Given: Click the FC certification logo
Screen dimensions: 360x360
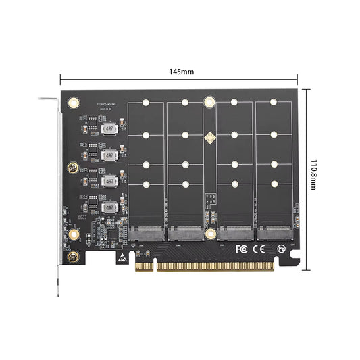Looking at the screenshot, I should (x=241, y=249).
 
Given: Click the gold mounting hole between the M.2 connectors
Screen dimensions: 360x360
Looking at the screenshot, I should (x=211, y=234).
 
